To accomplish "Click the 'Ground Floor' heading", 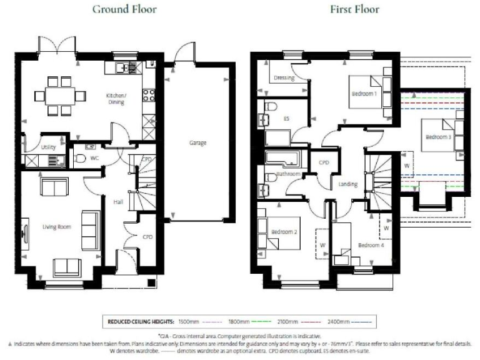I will coord(124,9).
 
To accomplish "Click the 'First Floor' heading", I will coord(355,9).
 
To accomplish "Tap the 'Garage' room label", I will coord(198,143).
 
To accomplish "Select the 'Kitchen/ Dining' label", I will coord(116,98).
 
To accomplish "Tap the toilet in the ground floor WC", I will coord(79,159).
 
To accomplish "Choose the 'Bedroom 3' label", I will coord(438,137).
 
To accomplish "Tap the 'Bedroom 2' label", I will coord(283,232).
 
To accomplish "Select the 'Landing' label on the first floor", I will coord(347,184).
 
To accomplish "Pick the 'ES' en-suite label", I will coord(286,118).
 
